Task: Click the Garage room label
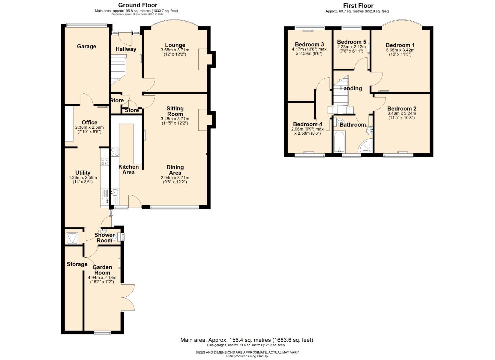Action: click(86, 46)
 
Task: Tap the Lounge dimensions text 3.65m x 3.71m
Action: click(175, 50)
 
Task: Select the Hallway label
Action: click(126, 49)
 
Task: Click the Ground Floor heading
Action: click(138, 5)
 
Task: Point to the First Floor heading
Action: click(358, 6)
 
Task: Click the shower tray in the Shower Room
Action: click(72, 238)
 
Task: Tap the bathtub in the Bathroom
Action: click(339, 142)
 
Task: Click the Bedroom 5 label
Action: click(351, 42)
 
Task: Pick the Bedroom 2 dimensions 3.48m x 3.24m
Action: click(402, 113)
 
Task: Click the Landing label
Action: click(351, 88)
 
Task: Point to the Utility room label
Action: click(83, 173)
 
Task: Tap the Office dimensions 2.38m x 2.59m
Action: click(89, 127)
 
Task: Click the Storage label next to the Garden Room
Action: click(77, 264)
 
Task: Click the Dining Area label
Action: click(175, 170)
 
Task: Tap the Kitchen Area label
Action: click(128, 169)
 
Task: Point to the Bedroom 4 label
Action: click(307, 124)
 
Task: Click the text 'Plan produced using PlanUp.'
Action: click(247, 356)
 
